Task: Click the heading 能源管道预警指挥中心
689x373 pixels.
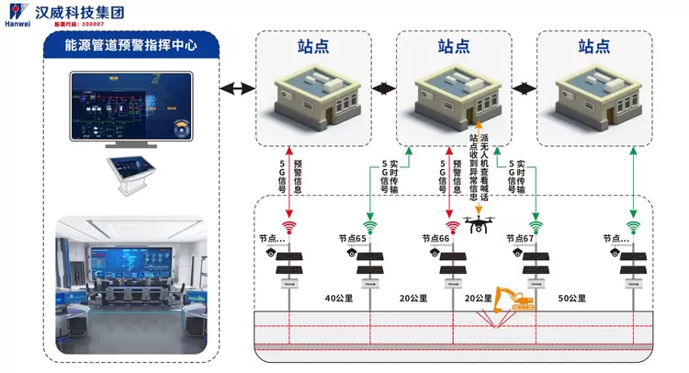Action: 130,44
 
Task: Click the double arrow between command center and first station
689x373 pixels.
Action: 237,88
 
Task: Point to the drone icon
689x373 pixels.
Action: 478,222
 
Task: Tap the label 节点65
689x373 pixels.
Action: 352,238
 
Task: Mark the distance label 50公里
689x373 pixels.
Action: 572,299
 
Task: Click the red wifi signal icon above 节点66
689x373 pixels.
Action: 452,225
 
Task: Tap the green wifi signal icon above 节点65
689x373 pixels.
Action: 371,225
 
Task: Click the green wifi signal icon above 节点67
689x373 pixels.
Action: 534,225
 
